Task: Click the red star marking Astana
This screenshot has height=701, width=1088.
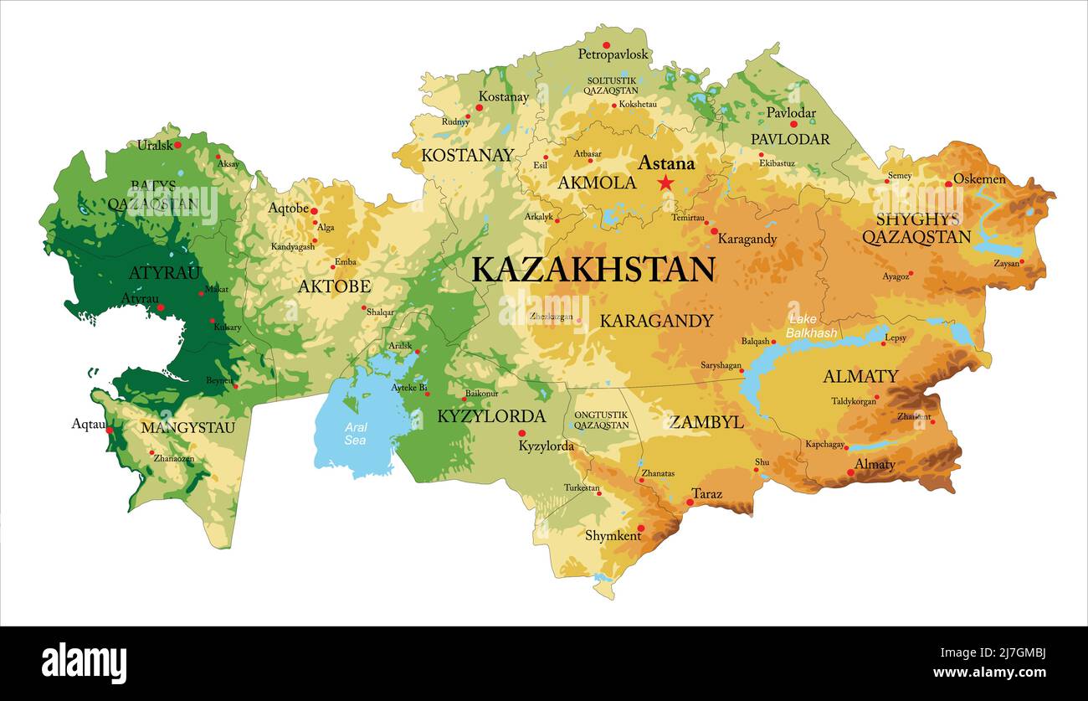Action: coord(665,183)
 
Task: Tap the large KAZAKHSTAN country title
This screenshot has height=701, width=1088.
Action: coord(593,270)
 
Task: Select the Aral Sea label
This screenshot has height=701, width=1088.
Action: coord(356,434)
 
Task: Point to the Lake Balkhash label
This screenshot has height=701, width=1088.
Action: coord(811,327)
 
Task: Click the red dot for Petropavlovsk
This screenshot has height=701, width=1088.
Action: coord(607,45)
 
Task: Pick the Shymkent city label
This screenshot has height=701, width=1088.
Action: coord(613,535)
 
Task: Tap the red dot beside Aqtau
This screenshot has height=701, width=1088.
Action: coord(110,430)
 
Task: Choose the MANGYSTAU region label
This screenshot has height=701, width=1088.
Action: coord(187,428)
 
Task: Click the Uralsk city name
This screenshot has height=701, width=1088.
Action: coord(155,145)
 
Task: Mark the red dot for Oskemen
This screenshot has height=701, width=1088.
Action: coord(948,183)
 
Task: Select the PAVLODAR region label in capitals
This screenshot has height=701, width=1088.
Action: coord(790,139)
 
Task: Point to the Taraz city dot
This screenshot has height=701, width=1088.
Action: coord(690,503)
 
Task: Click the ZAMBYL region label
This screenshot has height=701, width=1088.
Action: coord(706,423)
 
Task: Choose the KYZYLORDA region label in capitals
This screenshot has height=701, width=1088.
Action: coord(491,416)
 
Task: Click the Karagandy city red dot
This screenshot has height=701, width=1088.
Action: coord(714,230)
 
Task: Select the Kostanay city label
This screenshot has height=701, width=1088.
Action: coord(504,97)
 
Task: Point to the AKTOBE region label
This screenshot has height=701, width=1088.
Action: coord(334,286)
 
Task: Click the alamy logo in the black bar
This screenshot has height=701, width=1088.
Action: coord(84,663)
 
